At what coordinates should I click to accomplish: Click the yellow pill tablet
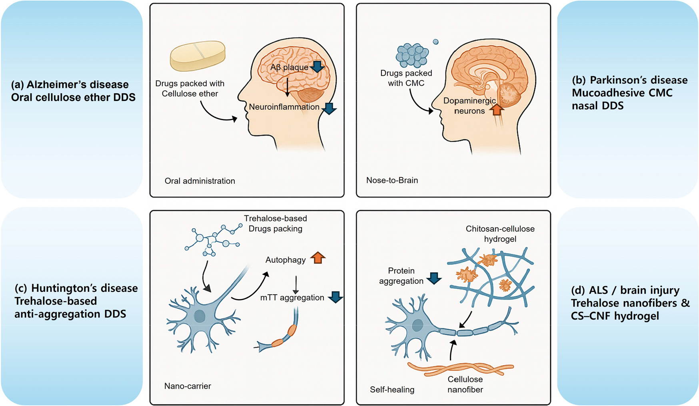[x=198, y=56]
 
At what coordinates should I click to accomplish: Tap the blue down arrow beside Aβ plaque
[x=318, y=66]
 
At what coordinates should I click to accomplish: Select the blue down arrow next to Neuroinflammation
[x=330, y=108]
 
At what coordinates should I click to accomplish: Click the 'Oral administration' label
[x=200, y=181]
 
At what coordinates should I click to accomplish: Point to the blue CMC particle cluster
[x=412, y=55]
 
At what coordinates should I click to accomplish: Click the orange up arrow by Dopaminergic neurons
[x=497, y=109]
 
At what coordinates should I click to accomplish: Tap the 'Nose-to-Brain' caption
[x=392, y=180]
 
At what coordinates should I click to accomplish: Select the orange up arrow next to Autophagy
[x=318, y=258]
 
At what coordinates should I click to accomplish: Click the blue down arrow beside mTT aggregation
[x=336, y=297]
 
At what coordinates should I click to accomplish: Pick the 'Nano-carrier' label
[x=188, y=386]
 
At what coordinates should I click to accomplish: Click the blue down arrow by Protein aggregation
[x=434, y=278]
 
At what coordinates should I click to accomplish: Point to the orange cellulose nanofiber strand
[x=460, y=368]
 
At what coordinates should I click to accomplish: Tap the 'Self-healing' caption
[x=392, y=390]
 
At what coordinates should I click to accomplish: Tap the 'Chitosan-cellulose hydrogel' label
[x=500, y=234]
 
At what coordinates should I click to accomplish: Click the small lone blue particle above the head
[x=436, y=42]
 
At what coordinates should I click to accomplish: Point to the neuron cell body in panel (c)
[x=200, y=316]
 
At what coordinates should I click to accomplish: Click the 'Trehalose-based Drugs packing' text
[x=276, y=223]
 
